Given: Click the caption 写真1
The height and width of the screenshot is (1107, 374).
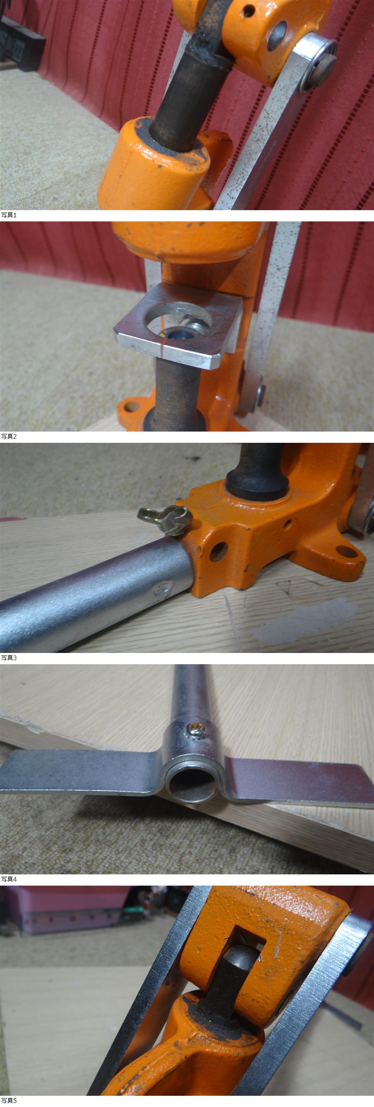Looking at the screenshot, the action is click(x=9, y=215).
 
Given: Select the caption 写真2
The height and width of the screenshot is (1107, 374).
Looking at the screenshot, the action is click(x=9, y=436).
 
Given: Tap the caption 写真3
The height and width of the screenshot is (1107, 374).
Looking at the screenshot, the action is click(x=9, y=657).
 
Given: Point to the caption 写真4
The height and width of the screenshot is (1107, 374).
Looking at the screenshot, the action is click(x=9, y=879).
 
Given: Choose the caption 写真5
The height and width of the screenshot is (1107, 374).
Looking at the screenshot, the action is click(x=9, y=1101).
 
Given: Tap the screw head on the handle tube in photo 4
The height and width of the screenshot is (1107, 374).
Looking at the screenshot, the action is click(x=197, y=727).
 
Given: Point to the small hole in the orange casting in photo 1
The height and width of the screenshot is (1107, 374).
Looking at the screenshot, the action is click(x=248, y=11).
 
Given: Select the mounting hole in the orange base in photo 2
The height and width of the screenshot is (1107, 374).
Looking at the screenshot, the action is click(x=132, y=406).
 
